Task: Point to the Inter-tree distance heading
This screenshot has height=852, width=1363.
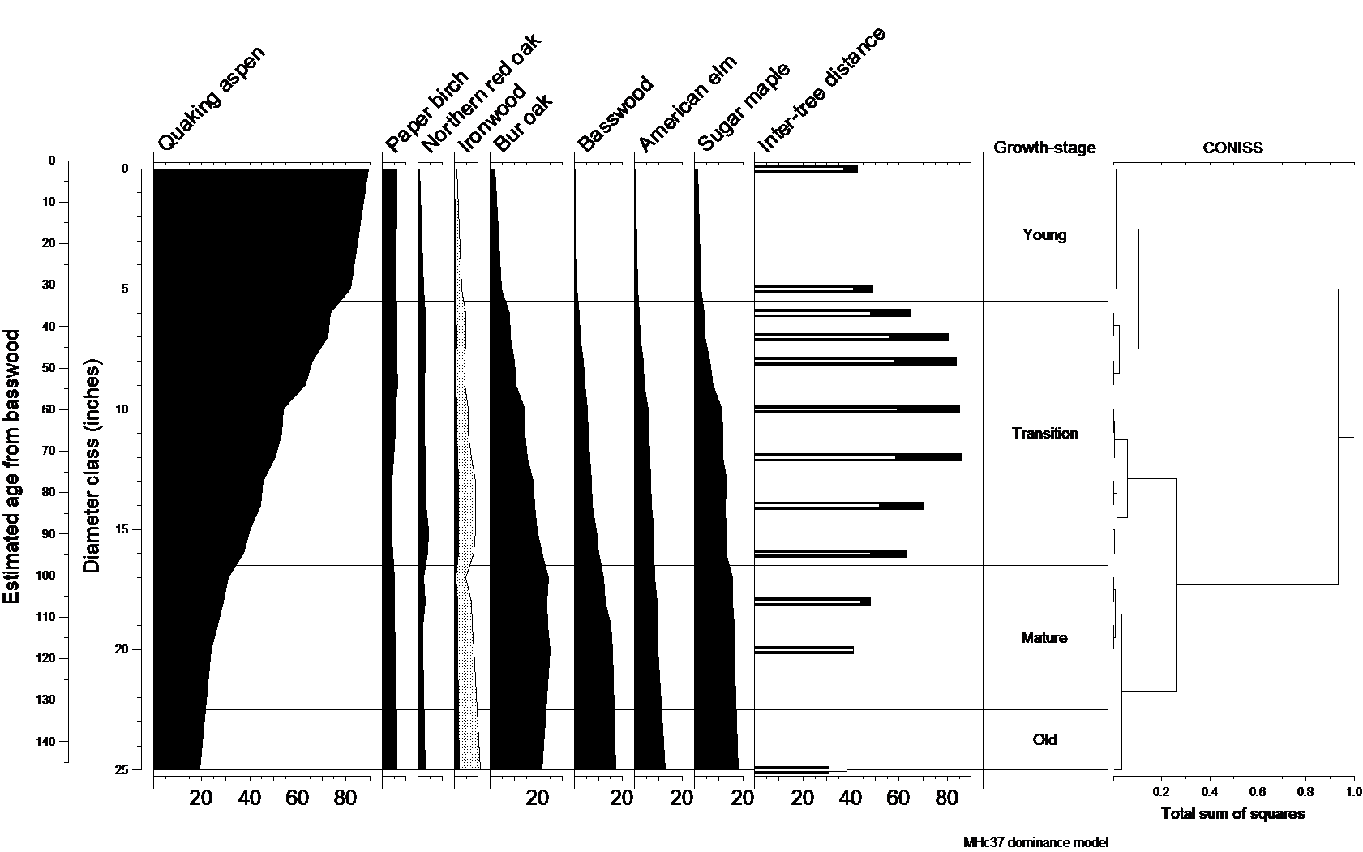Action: click(821, 90)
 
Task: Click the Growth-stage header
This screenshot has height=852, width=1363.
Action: click(1044, 148)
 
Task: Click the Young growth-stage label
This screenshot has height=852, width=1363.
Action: click(1044, 235)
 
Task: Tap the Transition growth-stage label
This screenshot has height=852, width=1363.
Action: click(1044, 434)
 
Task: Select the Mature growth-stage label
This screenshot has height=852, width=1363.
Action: click(1044, 638)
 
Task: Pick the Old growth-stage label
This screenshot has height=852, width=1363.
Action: click(1044, 739)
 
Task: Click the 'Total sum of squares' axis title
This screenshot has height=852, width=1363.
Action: click(1232, 813)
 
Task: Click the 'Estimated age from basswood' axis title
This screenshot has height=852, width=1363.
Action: click(11, 466)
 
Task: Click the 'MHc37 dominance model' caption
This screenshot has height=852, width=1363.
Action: click(1035, 842)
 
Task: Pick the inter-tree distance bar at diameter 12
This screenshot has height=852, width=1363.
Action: click(857, 457)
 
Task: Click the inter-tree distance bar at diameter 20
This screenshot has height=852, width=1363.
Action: click(804, 650)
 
